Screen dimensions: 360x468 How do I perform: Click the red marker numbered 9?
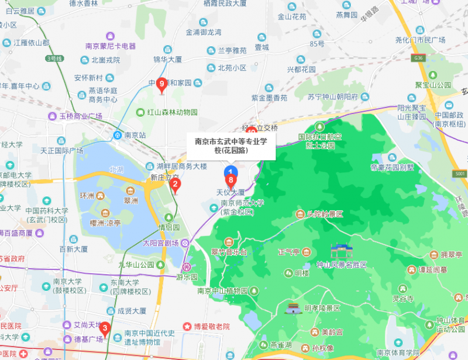point(162,84)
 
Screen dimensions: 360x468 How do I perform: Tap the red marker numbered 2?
point(174,185)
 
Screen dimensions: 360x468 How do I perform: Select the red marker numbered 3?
point(105,328)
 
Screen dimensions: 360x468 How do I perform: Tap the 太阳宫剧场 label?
point(160,243)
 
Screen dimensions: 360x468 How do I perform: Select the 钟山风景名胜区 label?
point(341,265)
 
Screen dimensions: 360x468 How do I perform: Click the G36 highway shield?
point(417,58)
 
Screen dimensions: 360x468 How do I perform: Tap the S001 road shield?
point(460,174)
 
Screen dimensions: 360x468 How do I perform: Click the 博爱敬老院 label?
point(209,326)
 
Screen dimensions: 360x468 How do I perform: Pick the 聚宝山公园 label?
point(433,85)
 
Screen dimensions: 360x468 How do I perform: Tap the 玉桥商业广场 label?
point(80,116)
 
